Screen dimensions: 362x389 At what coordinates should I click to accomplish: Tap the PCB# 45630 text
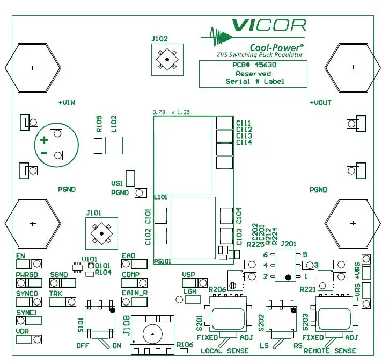pos(252,65)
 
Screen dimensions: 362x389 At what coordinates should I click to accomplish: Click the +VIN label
pos(66,102)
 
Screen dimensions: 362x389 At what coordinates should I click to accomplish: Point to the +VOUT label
pos(321,102)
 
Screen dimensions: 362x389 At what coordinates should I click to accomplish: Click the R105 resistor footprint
pos(98,145)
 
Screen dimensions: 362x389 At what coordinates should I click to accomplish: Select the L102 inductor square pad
pos(114,145)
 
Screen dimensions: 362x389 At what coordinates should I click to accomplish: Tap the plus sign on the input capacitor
pos(45,140)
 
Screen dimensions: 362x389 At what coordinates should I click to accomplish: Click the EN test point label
pos(20,256)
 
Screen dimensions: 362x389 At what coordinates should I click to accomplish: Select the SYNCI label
pos(26,313)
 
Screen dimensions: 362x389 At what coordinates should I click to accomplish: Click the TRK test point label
pos(55,294)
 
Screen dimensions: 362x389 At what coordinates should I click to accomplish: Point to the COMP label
pos(130,275)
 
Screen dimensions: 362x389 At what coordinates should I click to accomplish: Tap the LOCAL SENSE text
pos(224,351)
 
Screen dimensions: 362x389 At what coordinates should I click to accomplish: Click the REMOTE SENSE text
pos(329,351)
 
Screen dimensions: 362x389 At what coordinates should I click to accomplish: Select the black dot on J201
pos(288,277)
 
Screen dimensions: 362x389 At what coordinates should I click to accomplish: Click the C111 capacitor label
pos(244,123)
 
